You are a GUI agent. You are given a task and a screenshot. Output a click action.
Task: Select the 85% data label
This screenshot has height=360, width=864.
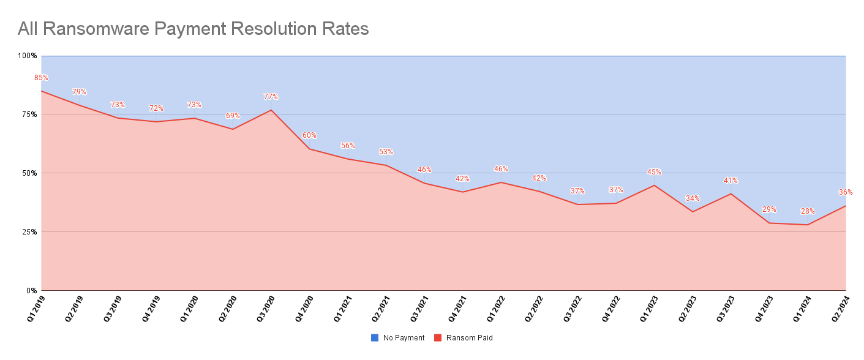[x=41, y=78]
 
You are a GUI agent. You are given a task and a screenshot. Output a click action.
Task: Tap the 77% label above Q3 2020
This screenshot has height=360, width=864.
[x=271, y=97]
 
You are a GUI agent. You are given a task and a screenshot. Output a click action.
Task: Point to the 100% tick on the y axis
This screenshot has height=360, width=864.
[x=28, y=56]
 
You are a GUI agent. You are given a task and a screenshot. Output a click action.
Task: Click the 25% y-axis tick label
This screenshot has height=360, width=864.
[x=29, y=232]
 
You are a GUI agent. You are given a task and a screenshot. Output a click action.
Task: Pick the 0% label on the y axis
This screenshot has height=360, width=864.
[x=31, y=291]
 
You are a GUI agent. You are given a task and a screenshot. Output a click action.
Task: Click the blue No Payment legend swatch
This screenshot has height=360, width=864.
[x=375, y=338]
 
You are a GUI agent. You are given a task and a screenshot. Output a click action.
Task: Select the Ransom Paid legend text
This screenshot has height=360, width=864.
[x=469, y=338]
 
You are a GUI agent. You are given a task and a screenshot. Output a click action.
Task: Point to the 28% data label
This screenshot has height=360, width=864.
[x=808, y=212]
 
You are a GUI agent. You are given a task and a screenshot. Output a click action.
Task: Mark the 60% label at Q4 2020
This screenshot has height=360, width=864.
[x=309, y=135]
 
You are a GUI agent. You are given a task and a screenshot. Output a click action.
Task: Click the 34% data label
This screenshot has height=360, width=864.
[x=693, y=198]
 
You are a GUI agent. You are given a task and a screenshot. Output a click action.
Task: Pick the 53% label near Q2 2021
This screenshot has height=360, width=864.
[x=386, y=152]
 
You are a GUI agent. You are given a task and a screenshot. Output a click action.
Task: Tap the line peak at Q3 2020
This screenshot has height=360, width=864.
[x=271, y=110]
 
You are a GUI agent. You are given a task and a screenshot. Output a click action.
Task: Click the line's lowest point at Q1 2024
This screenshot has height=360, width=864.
[x=808, y=225]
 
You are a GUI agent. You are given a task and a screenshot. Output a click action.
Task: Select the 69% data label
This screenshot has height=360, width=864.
[x=233, y=116]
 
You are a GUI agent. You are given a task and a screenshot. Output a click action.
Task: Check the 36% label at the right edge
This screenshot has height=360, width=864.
[x=846, y=192]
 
